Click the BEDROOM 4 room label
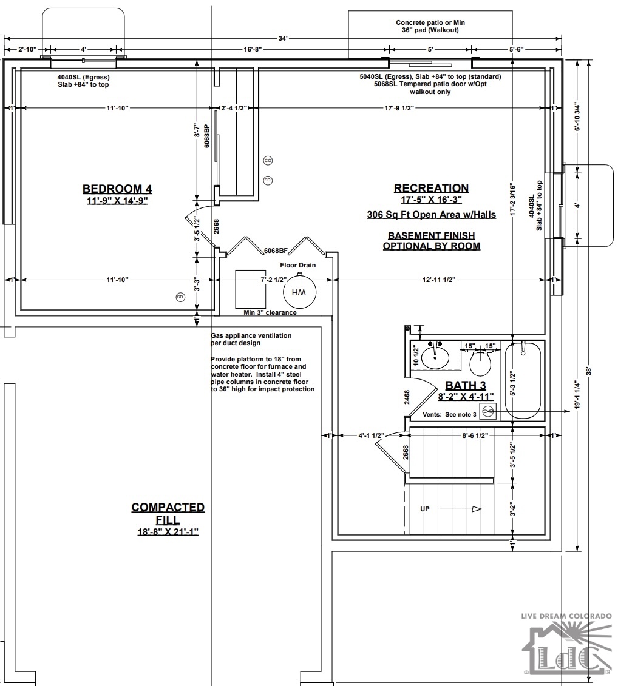pyautogui.click(x=117, y=189)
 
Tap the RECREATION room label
pyautogui.click(x=432, y=188)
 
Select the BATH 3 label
pyautogui.click(x=466, y=385)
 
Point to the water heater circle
pyautogui.click(x=299, y=293)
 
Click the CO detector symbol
pyautogui.click(x=268, y=161)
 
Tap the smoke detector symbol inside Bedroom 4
pyautogui.click(x=180, y=297)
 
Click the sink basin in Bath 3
pyautogui.click(x=435, y=357)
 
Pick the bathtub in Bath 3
pyautogui.click(x=523, y=380)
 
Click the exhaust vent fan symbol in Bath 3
pyautogui.click(x=487, y=412)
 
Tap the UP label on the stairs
pyautogui.click(x=425, y=509)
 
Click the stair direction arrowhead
pyautogui.click(x=477, y=509)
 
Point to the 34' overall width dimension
pyautogui.click(x=283, y=38)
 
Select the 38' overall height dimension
pyautogui.click(x=589, y=371)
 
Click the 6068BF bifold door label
pyautogui.click(x=276, y=251)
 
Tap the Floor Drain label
pyautogui.click(x=298, y=265)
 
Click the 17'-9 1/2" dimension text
pyautogui.click(x=399, y=108)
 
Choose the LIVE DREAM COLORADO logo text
pyautogui.click(x=566, y=616)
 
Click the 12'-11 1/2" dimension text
pyautogui.click(x=439, y=280)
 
